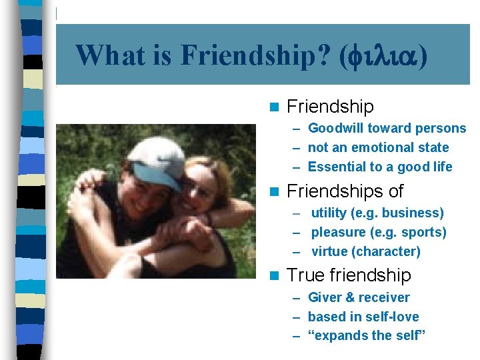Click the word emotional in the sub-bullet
coord(377,147)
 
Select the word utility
coord(329,213)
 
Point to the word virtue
coord(329,252)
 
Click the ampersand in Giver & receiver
coord(351,297)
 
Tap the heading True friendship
coord(349,275)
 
